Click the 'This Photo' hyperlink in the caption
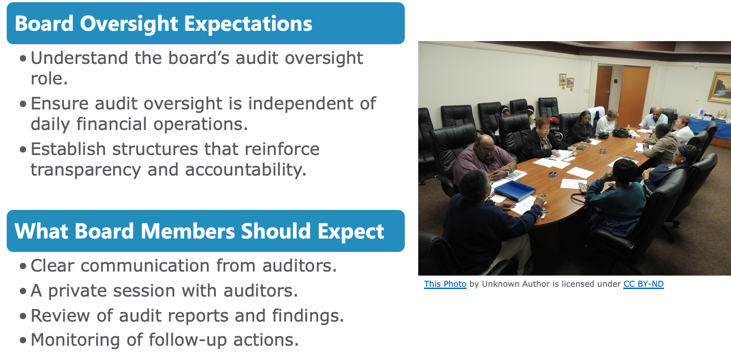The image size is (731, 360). click(445, 284)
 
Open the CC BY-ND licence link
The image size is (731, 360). click(643, 284)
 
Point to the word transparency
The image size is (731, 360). click(85, 170)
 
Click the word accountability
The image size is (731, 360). click(246, 170)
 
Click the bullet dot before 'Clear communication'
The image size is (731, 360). click(23, 266)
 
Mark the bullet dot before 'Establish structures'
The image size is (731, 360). click(23, 150)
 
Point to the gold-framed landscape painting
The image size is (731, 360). click(719, 88)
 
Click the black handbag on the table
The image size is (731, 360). click(621, 132)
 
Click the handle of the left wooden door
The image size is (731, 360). click(608, 92)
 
